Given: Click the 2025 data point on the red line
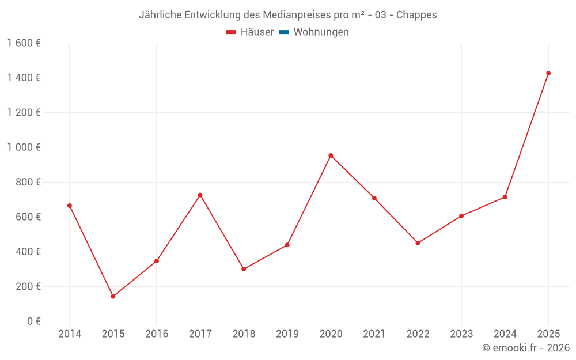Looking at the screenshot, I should (548, 73).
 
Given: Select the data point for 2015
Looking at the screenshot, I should (113, 297).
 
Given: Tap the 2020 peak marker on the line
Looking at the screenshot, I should (331, 156).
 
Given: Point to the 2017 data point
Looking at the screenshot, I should (200, 195).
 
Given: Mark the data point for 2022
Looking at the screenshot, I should (418, 243).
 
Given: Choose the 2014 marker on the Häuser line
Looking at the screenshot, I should (70, 206).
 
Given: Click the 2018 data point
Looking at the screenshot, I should (244, 269).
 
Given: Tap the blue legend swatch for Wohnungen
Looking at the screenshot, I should (284, 32).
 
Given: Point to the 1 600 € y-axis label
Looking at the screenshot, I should (24, 43).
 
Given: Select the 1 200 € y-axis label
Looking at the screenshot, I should (24, 113).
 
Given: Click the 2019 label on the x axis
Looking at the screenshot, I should (287, 334).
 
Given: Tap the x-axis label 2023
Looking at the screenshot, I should (461, 334).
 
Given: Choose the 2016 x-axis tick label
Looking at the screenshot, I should (157, 334).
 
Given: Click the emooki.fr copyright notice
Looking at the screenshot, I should (525, 348).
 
